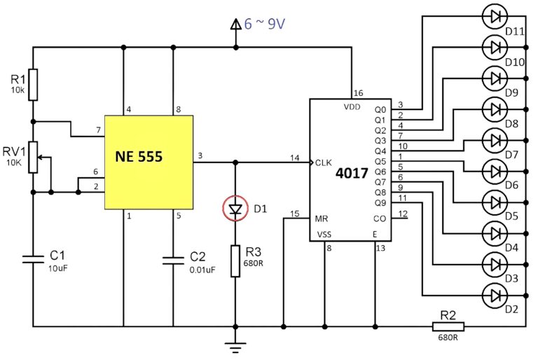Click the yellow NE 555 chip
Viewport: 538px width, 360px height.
coord(149,162)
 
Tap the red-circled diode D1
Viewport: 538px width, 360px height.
coord(235,208)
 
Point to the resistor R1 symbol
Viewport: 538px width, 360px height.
coord(33,84)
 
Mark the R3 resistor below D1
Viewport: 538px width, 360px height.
coord(235,261)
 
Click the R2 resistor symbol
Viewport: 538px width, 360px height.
coord(446,326)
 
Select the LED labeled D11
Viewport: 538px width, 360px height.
coord(496,15)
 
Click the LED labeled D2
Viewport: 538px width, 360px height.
coord(496,295)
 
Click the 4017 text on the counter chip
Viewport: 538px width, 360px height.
coord(351,172)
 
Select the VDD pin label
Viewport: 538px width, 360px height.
coord(352,107)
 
